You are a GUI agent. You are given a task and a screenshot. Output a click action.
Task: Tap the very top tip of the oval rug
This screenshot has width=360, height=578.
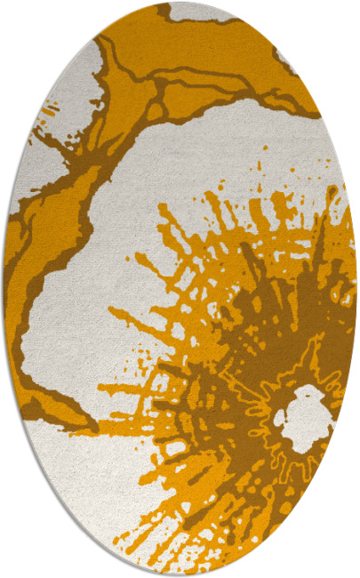pyautogui.click(x=180, y=3)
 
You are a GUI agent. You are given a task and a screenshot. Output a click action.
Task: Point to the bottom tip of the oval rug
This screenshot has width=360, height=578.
pyautogui.click(x=180, y=574)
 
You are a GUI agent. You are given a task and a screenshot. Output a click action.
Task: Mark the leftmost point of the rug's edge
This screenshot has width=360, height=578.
pyautogui.click(x=4, y=289)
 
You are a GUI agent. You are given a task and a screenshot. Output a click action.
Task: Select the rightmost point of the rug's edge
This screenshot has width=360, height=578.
pyautogui.click(x=356, y=289)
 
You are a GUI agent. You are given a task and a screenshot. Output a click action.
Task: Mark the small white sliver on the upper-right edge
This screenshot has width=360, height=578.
pyautogui.click(x=286, y=59)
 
